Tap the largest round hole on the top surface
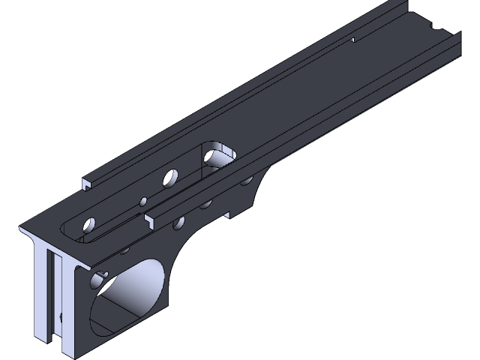point(171,178)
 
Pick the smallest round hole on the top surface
point(142,200)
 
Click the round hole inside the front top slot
point(90,223)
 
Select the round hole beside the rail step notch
point(178,222)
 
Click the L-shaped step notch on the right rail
point(150,218)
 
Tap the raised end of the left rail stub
point(87,182)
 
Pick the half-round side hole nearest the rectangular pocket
point(245,180)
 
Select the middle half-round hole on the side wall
point(204,203)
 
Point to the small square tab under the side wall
point(228,216)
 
